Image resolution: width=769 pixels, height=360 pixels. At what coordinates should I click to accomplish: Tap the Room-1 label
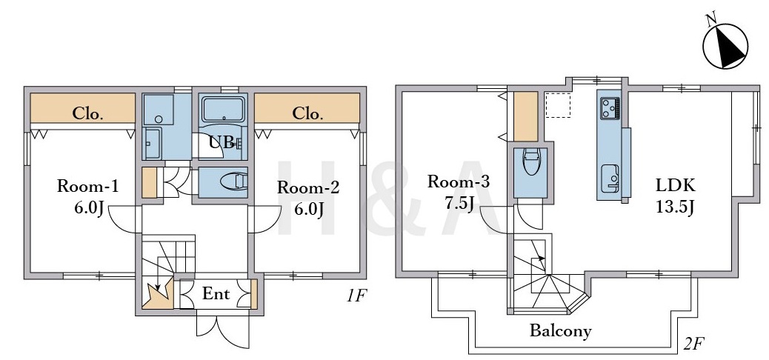(87, 187)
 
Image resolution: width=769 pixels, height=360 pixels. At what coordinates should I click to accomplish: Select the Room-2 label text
(308, 187)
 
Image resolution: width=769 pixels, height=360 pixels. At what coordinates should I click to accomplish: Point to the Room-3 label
(459, 182)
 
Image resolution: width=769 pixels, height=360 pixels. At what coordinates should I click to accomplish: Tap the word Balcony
(561, 331)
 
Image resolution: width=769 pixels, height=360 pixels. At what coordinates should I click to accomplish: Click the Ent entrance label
(216, 294)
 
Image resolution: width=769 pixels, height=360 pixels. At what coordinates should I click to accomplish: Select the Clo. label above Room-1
(88, 114)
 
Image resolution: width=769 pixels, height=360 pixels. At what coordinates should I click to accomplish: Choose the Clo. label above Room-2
(308, 114)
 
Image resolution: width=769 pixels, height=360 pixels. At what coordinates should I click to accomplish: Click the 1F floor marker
(356, 296)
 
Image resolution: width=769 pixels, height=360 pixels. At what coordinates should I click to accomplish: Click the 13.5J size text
(676, 207)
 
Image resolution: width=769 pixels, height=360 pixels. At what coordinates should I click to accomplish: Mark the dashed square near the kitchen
(558, 105)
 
